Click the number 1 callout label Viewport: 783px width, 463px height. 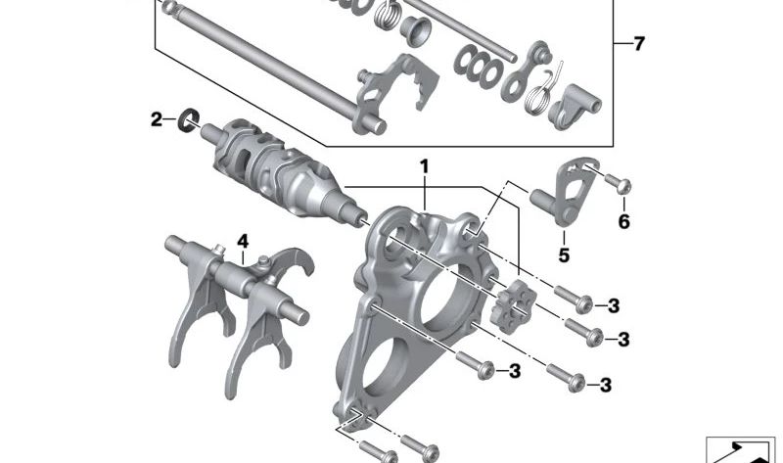point(425,168)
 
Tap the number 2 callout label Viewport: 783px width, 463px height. point(157,120)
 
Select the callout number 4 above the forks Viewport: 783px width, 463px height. point(243,241)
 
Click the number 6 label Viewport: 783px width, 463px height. point(623,222)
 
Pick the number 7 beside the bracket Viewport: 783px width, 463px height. point(639,44)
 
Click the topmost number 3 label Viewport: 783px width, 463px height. point(614,305)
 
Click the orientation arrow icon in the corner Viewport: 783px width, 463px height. point(742,448)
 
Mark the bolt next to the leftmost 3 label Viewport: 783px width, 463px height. point(484,369)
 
